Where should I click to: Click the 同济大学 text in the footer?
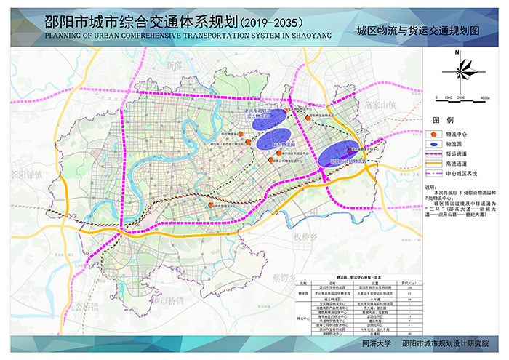coord(377,343)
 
